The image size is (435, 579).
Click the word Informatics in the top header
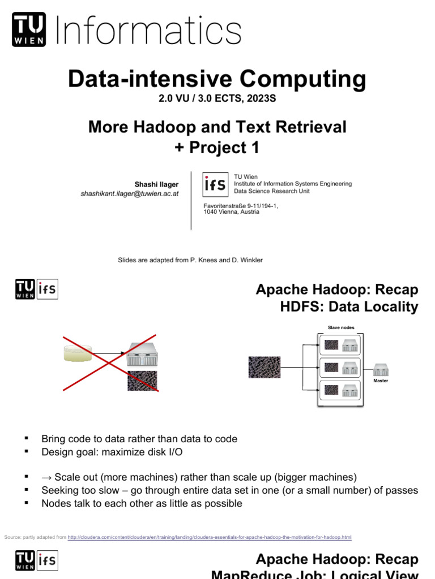click(149, 31)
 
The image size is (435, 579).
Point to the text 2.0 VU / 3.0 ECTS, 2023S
click(217, 99)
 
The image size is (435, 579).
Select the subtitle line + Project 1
click(217, 148)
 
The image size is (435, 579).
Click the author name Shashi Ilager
click(156, 184)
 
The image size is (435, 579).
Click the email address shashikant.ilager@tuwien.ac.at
click(130, 193)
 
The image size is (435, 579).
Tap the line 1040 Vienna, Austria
click(231, 212)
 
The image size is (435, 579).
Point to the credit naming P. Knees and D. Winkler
click(190, 260)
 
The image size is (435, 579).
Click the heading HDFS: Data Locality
click(349, 307)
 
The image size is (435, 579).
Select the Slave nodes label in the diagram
click(341, 327)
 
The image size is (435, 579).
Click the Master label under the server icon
click(381, 381)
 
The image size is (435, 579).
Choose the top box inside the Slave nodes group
click(341, 344)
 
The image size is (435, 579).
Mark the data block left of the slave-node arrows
click(265, 367)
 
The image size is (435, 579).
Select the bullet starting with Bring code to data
click(139, 439)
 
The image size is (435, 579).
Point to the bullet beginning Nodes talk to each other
click(142, 503)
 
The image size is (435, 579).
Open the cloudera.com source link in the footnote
click(210, 537)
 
